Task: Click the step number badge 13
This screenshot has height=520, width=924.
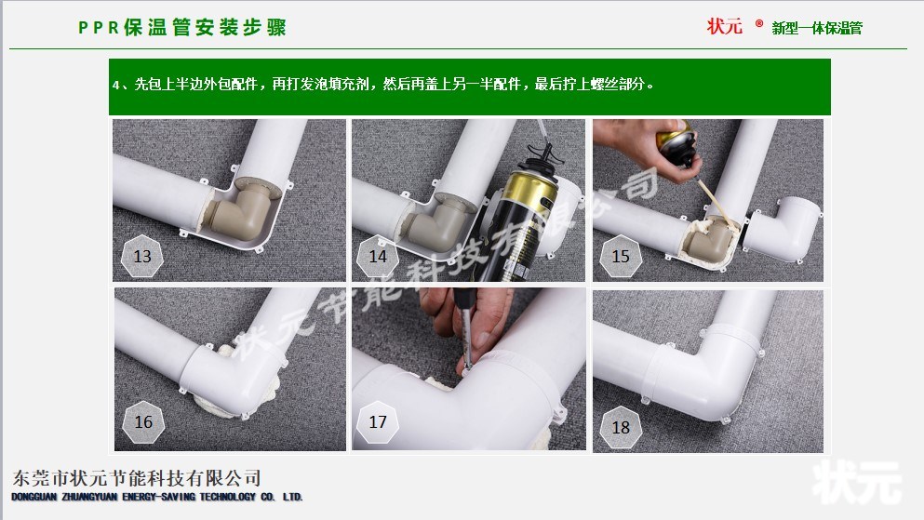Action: [142, 256]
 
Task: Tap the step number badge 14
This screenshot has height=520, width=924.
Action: [378, 256]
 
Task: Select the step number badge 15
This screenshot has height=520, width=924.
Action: [621, 256]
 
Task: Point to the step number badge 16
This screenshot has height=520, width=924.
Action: [143, 421]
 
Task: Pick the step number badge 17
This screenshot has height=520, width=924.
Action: [378, 421]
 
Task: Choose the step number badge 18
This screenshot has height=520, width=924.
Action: [621, 427]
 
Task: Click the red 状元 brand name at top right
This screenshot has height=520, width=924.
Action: [724, 26]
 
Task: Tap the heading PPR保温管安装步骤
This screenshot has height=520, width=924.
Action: [182, 28]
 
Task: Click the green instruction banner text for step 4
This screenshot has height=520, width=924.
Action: [383, 85]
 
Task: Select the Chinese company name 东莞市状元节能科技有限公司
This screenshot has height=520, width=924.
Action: [136, 477]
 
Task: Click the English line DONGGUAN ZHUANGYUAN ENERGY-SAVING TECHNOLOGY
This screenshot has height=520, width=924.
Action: [157, 497]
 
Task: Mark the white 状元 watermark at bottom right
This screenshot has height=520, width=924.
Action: [857, 483]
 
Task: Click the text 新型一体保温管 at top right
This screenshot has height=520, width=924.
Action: [817, 28]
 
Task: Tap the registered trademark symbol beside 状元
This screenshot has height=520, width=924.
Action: [759, 23]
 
